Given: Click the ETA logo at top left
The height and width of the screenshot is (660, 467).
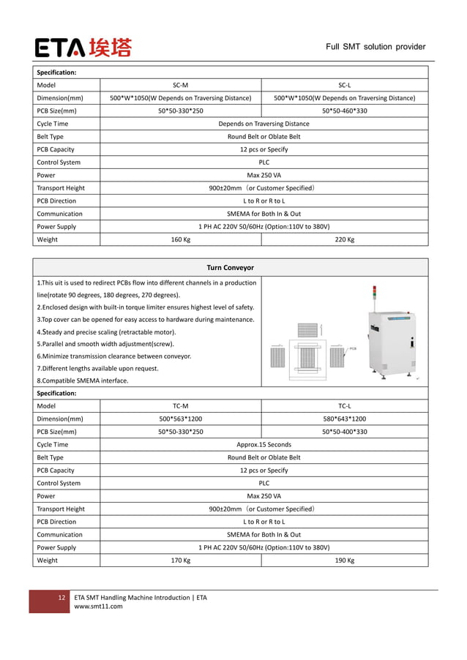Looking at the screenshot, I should pos(83,48).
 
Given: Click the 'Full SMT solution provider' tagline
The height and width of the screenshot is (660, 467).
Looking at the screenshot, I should pos(376,47).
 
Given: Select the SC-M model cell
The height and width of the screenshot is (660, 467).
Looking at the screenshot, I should pos(180,85).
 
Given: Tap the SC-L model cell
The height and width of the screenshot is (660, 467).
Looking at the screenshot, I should pos(344,85).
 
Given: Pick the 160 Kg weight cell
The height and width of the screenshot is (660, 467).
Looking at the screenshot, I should pos(180,239).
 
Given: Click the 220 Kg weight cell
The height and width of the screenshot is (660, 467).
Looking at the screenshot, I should pos(344,239).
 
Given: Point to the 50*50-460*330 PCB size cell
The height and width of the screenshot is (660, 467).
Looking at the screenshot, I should pos(344,110).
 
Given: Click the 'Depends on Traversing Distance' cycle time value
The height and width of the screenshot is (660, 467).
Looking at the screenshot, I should pos(264,124).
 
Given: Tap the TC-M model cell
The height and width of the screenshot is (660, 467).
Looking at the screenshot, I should pos(180,405).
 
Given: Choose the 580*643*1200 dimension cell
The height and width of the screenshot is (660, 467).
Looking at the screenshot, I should pos(344,419).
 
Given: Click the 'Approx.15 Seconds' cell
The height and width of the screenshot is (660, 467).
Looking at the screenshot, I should pos(264,444).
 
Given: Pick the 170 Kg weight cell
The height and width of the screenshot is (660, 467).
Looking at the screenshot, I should pos(180,560).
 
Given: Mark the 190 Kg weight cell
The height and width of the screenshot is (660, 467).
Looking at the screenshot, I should pos(344,560).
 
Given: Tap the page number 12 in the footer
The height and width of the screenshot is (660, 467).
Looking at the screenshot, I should pos(62,598).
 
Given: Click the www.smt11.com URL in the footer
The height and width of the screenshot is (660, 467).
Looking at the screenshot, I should pos(98,606).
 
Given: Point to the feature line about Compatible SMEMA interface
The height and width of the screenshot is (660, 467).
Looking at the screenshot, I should pos(82,380).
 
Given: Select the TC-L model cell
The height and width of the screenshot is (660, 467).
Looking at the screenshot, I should pos(344,405).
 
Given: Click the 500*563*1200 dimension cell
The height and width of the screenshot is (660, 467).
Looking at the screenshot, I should pos(180,419).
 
